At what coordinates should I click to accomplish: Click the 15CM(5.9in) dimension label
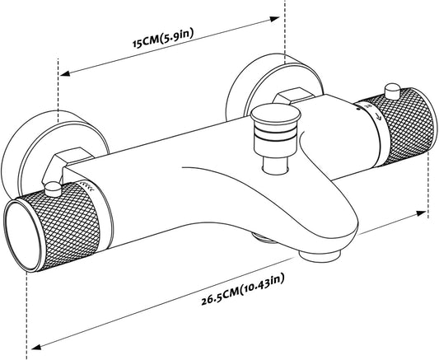[x=163, y=39]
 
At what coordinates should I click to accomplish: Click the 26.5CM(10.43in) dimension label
[x=243, y=289]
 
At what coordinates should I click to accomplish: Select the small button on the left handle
[x=53, y=189]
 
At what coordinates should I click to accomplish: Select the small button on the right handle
[x=393, y=91]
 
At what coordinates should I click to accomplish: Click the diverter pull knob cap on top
[x=276, y=115]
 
